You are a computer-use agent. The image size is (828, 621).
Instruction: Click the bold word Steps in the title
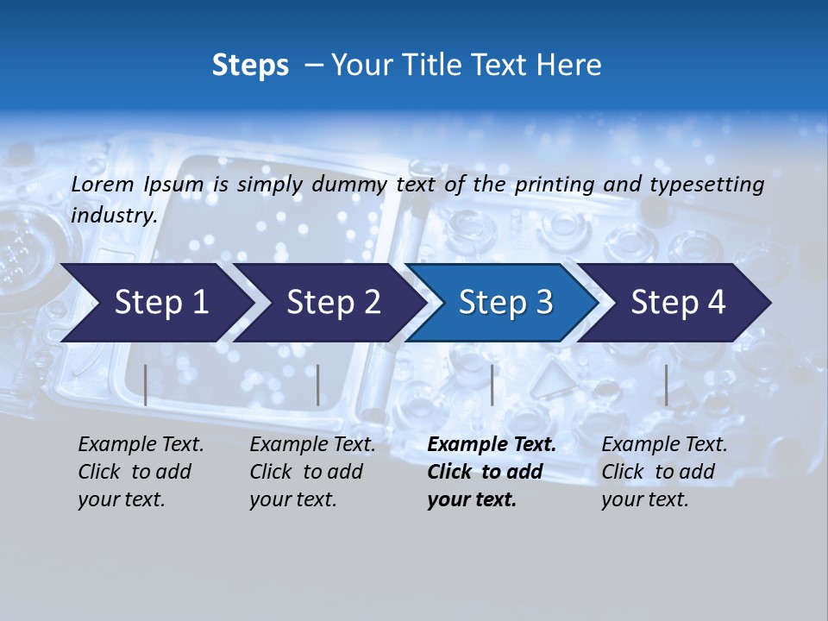pos(250,65)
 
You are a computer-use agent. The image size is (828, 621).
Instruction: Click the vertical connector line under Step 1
pos(146,385)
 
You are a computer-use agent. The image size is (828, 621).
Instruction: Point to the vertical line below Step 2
pos(318,385)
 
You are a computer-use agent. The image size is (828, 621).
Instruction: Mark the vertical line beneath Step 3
pos(492,385)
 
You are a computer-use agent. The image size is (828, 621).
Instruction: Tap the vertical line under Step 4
pos(666,385)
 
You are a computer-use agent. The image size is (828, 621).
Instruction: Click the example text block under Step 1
pos(141,472)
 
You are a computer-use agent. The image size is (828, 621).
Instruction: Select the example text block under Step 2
pos(312,472)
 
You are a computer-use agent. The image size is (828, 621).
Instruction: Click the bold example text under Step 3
pos(492,472)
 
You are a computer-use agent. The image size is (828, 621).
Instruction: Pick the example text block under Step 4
pos(664,472)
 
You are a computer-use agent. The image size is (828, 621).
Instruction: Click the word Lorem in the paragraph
pos(103,184)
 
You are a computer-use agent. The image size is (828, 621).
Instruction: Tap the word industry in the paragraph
pos(114,215)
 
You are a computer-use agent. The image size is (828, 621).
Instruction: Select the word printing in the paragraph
pos(555,184)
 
